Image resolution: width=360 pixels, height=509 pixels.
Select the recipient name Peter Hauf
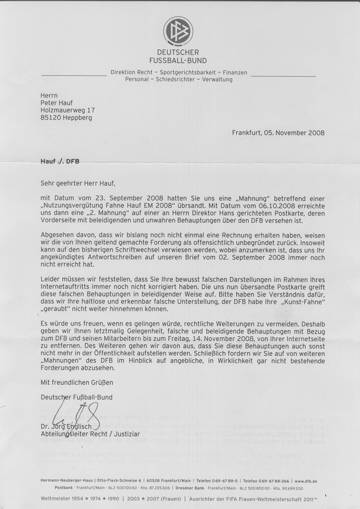click(58, 100)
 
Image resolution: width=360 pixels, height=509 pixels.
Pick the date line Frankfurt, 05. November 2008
click(278, 132)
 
